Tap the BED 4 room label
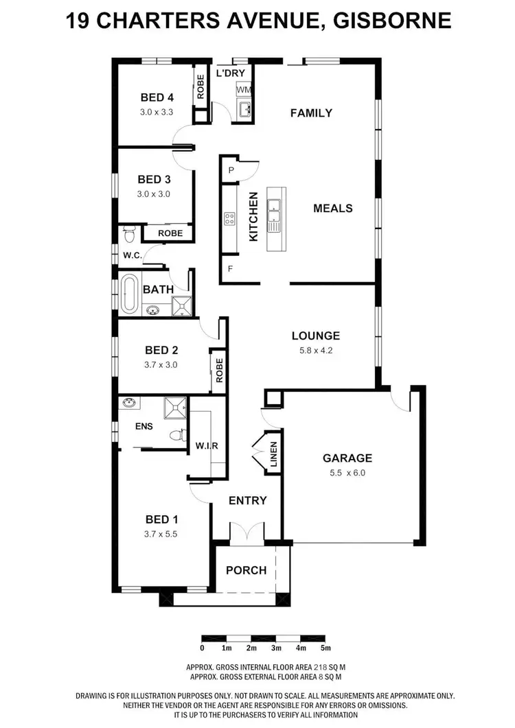[x=156, y=97]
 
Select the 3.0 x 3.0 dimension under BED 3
[x=153, y=194]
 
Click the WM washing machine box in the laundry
[x=243, y=90]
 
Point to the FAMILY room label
[x=311, y=113]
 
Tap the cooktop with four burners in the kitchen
[x=230, y=219]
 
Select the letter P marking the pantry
[x=231, y=170]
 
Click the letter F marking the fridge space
[x=230, y=268]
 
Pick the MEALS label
[x=333, y=208]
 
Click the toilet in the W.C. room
[x=128, y=235]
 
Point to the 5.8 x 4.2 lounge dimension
[x=315, y=351]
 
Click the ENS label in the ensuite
[x=144, y=426]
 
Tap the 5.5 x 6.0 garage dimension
[x=347, y=473]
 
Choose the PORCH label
[x=246, y=570]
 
